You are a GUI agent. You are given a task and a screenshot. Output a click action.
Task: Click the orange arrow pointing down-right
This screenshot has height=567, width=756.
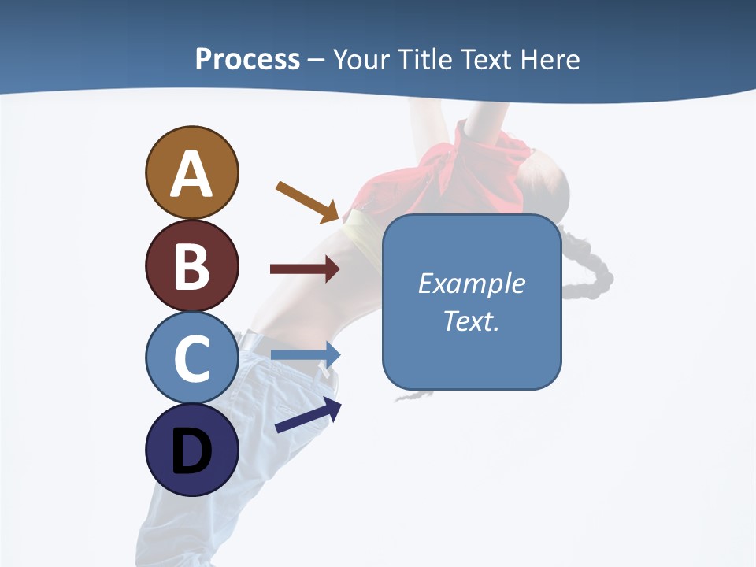coord(308,201)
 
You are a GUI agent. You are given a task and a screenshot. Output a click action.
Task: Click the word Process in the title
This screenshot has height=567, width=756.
coord(247,59)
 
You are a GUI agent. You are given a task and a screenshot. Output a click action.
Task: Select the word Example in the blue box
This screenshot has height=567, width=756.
coord(472,283)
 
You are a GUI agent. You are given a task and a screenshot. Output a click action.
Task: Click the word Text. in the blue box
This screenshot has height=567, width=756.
coord(472,321)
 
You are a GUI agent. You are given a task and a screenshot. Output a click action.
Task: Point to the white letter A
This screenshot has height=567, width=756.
coord(192,174)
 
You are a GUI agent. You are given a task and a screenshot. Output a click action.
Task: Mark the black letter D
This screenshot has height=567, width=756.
coord(192,451)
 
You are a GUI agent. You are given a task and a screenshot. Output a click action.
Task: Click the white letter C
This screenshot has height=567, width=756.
coord(192,359)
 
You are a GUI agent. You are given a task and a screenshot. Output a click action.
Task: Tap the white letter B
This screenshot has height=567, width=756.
coord(192,266)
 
